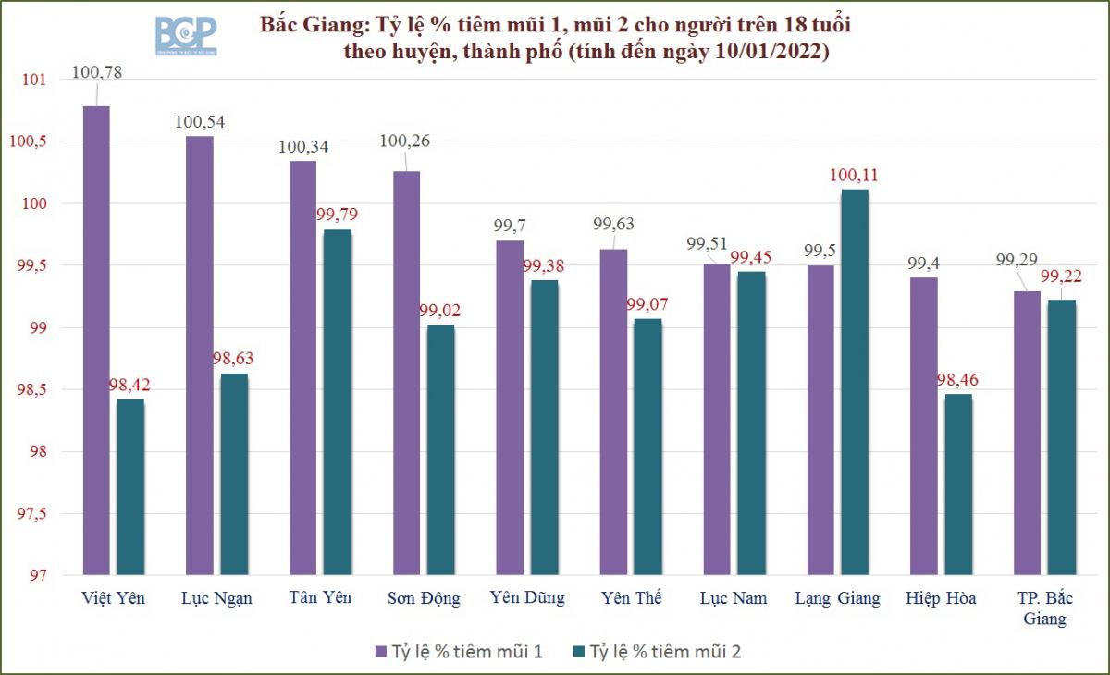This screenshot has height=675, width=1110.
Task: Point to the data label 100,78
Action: (96, 70)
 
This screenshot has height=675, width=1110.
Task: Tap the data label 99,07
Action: (647, 303)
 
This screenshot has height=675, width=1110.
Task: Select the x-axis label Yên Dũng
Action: (526, 598)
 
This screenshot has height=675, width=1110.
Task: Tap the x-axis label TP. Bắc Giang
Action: (1044, 608)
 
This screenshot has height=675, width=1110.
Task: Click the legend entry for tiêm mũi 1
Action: (458, 652)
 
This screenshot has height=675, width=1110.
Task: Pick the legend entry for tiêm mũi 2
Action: (656, 652)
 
